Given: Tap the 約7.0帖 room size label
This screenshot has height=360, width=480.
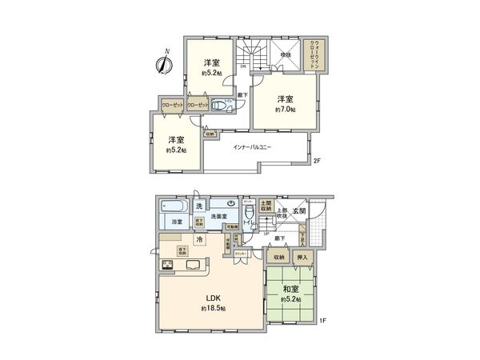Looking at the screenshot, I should [x=286, y=109].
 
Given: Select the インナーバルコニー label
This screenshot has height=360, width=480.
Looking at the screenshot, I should [x=254, y=147].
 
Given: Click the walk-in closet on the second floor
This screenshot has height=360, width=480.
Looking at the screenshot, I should [x=316, y=55].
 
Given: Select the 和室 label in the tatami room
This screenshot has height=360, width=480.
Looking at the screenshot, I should [x=289, y=290].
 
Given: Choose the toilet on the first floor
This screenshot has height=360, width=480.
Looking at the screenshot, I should [x=250, y=214].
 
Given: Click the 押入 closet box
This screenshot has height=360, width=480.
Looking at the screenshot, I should [x=304, y=258].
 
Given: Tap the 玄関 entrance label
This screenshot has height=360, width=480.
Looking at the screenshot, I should [x=298, y=210].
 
